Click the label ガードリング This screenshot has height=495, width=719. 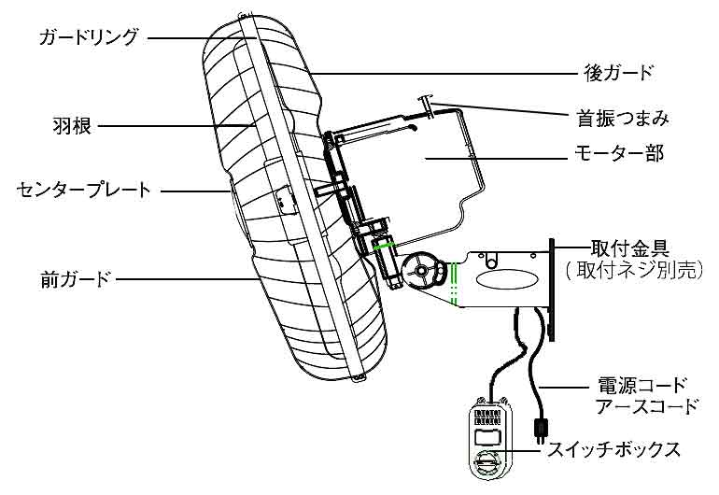click(90, 37)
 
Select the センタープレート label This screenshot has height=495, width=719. click(84, 191)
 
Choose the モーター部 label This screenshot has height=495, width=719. click(618, 153)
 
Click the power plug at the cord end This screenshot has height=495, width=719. click(539, 431)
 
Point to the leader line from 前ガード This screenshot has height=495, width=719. click(177, 277)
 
